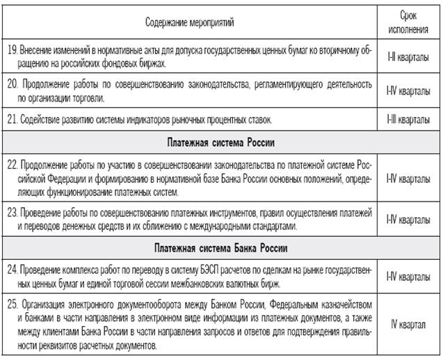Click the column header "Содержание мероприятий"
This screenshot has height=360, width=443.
click(x=190, y=22)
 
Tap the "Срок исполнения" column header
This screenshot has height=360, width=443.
click(x=408, y=22)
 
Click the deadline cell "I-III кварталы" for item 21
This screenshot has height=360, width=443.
click(x=408, y=120)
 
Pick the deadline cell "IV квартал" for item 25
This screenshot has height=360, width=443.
click(x=408, y=325)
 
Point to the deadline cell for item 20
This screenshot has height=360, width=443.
click(x=408, y=89)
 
